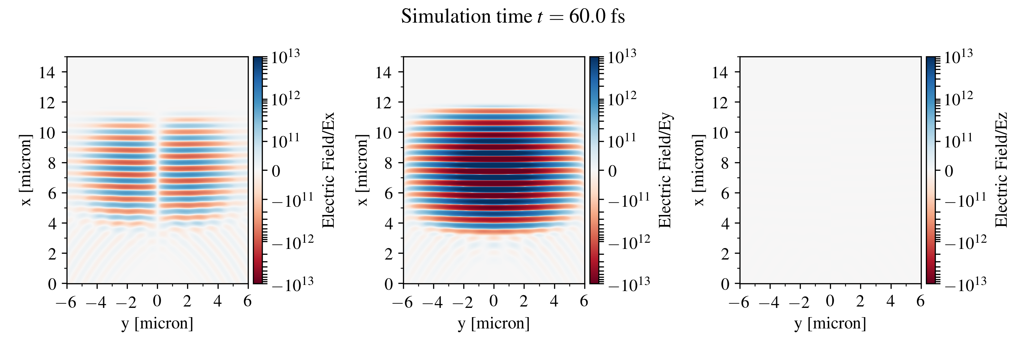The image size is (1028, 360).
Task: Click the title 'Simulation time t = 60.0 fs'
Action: tap(513, 17)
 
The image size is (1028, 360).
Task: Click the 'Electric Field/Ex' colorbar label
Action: tap(328, 170)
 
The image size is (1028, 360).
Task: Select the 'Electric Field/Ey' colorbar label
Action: tap(665, 170)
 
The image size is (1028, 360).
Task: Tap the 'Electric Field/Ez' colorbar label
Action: tap(1001, 170)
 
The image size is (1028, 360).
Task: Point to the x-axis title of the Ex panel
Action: tap(157, 323)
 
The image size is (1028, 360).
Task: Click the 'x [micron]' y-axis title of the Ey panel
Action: tap(362, 170)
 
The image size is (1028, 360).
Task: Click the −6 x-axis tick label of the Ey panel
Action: tap(403, 302)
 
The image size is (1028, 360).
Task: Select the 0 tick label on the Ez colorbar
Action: tap(949, 171)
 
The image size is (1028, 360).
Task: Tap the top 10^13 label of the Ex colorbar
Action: tap(285, 58)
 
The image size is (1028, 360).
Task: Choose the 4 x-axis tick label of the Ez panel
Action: tap(890, 301)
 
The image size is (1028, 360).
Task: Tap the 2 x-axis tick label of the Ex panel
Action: tap(187, 301)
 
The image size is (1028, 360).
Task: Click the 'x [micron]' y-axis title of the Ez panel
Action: tap(698, 170)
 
